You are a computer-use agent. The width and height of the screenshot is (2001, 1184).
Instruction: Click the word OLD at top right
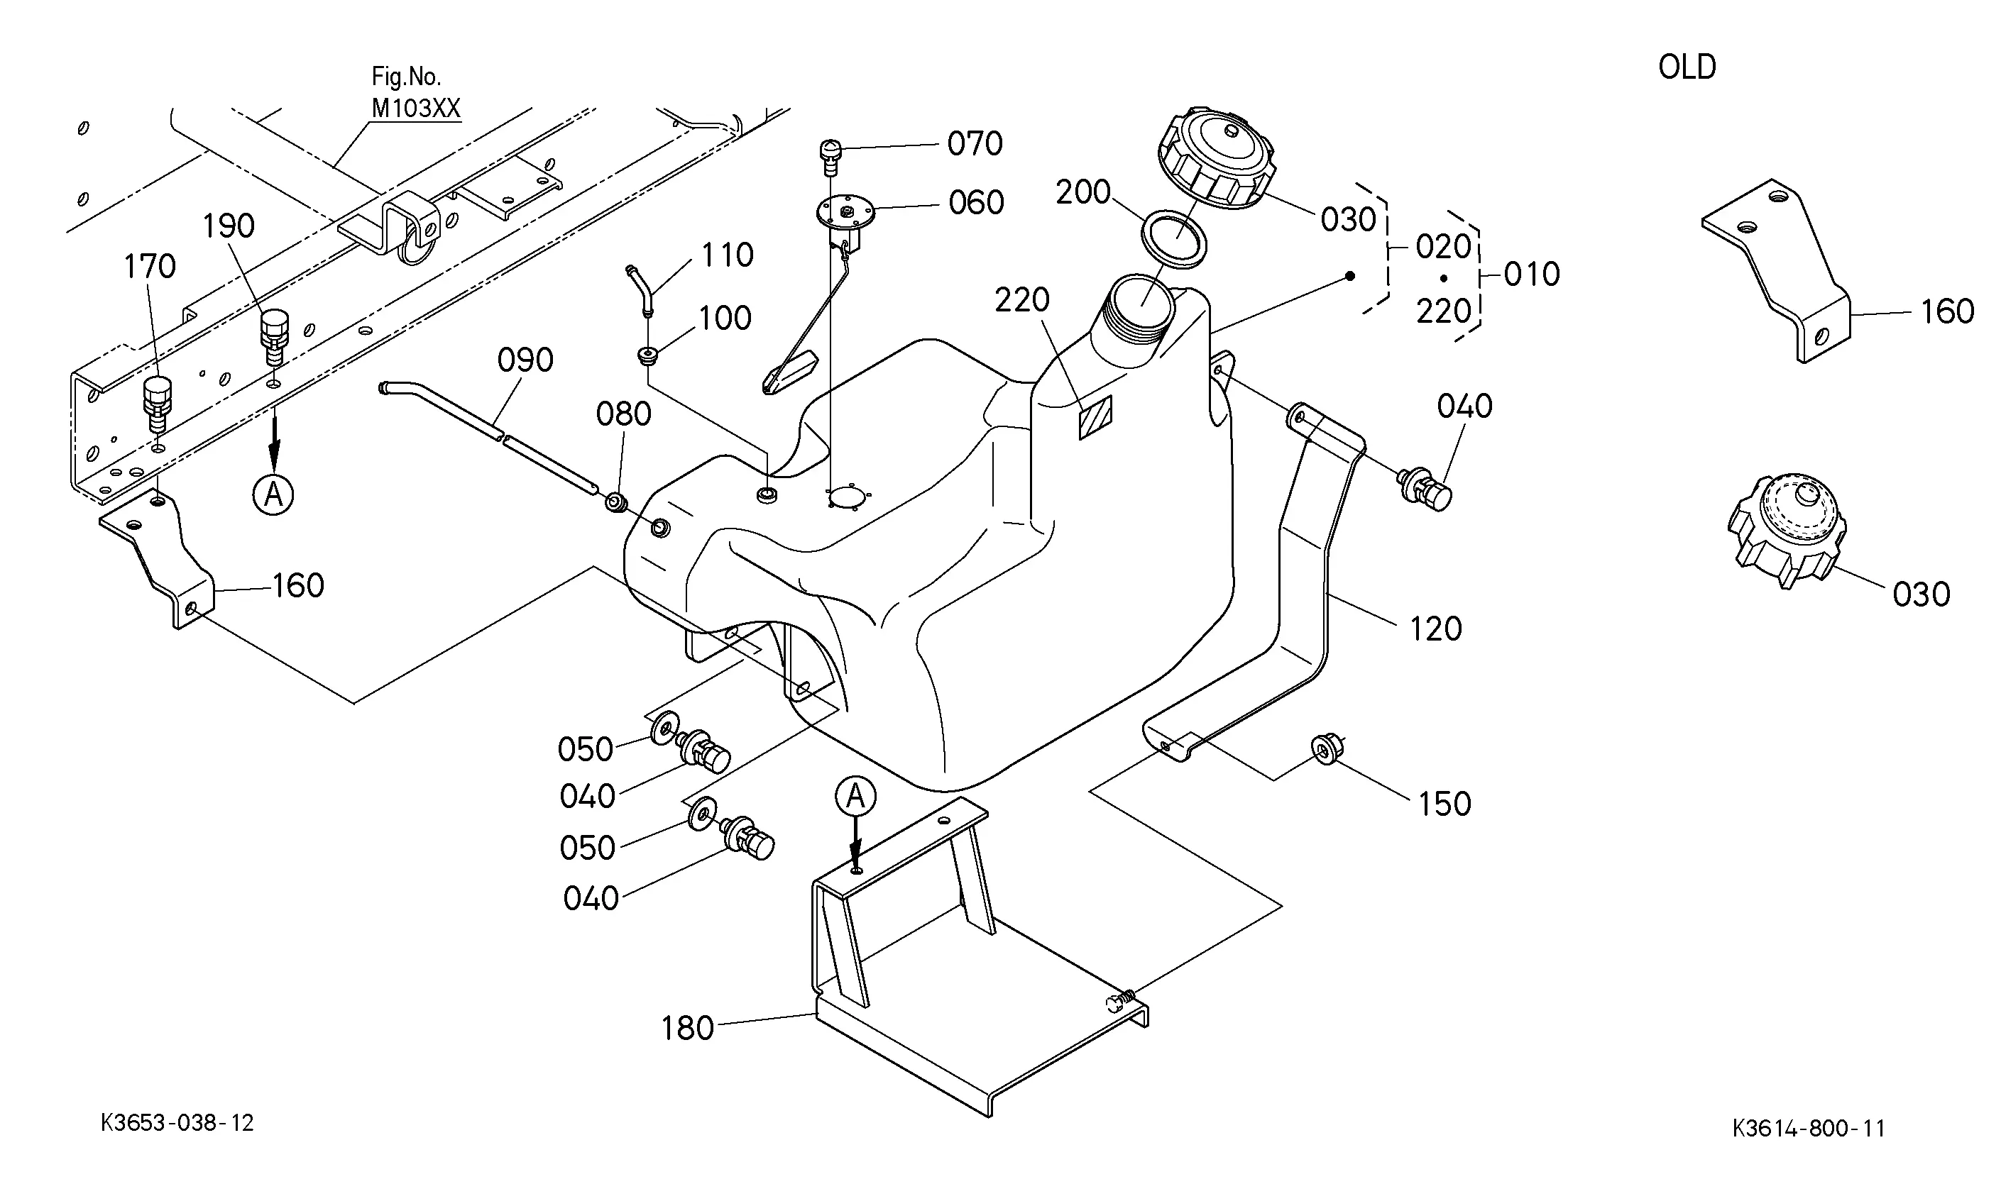click(x=1687, y=67)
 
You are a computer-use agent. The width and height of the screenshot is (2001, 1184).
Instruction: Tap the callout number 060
click(x=975, y=204)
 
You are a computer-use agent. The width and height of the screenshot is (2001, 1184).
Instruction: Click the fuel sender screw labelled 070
click(x=830, y=158)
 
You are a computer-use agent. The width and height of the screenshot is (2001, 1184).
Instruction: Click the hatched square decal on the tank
click(x=1096, y=416)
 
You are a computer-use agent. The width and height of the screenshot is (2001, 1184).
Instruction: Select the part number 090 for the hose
click(x=525, y=360)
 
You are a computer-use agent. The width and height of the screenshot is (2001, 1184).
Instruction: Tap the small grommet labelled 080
click(x=615, y=504)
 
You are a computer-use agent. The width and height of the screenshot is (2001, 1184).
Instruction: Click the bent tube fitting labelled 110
click(x=641, y=290)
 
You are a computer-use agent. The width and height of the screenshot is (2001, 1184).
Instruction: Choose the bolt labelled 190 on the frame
click(x=274, y=338)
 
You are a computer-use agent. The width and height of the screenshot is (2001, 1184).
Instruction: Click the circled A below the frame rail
click(x=273, y=495)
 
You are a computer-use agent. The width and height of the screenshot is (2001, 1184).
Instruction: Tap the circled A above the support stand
click(x=855, y=796)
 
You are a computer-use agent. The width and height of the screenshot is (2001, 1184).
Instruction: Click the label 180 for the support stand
click(x=687, y=1029)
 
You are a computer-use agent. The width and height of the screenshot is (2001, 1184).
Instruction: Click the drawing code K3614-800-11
click(x=1809, y=1129)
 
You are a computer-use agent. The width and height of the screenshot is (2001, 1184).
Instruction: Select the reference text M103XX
click(x=416, y=109)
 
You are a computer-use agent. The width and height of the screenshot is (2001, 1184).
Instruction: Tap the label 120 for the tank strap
click(x=1436, y=629)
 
